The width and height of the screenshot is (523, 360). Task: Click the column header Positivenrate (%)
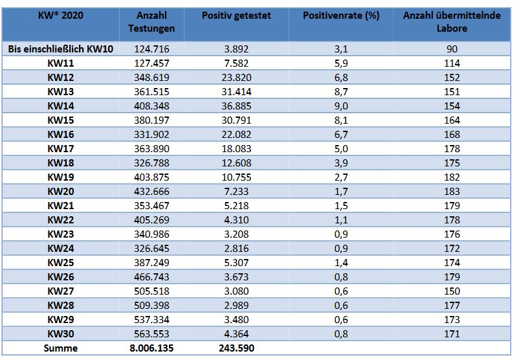341,16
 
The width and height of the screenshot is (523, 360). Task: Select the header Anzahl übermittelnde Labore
452,21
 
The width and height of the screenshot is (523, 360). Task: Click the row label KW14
61,106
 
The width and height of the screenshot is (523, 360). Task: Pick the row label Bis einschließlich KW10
61,49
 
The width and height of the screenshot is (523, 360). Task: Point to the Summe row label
61,348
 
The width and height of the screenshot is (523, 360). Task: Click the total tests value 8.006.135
151,348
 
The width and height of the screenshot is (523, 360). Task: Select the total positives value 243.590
236,348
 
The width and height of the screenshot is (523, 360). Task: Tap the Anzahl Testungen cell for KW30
151,333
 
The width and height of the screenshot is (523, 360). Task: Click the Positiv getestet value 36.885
236,106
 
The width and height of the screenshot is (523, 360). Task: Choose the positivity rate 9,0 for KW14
341,106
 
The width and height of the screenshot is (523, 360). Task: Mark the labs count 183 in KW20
452,191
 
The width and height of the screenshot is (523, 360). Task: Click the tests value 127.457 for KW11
151,63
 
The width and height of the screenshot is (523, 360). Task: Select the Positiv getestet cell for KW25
236,263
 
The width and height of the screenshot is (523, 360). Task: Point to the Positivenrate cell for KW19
341,177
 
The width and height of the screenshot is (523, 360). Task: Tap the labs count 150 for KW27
452,291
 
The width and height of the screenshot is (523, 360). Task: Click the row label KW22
61,220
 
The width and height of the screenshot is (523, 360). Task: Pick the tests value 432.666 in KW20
151,191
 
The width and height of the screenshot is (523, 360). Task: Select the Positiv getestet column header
236,16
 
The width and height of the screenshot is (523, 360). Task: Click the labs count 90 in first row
452,49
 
